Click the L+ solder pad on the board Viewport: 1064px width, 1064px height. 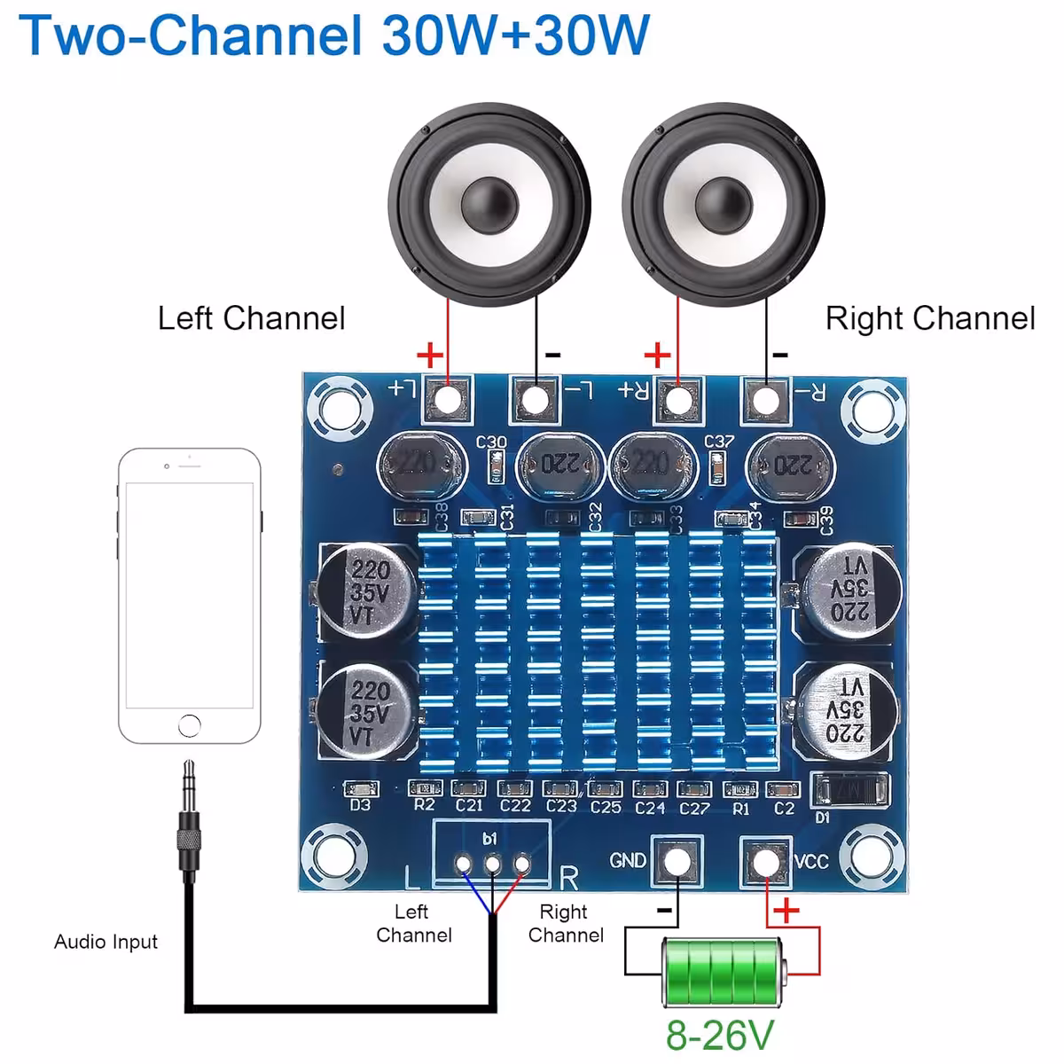tap(449, 399)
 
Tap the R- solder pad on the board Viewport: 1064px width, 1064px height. tap(765, 401)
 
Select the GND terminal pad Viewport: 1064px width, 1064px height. tap(677, 861)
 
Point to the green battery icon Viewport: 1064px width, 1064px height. tap(724, 972)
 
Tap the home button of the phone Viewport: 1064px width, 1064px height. tap(190, 725)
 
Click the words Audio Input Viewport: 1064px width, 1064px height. tap(106, 942)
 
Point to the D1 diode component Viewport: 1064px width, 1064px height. tap(849, 787)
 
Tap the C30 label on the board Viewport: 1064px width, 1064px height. tap(491, 442)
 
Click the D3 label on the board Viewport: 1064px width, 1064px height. tap(360, 806)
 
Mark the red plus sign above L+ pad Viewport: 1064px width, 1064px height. tap(430, 356)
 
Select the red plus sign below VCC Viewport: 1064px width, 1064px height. tap(786, 911)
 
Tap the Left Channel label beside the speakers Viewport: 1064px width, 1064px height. tap(251, 318)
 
